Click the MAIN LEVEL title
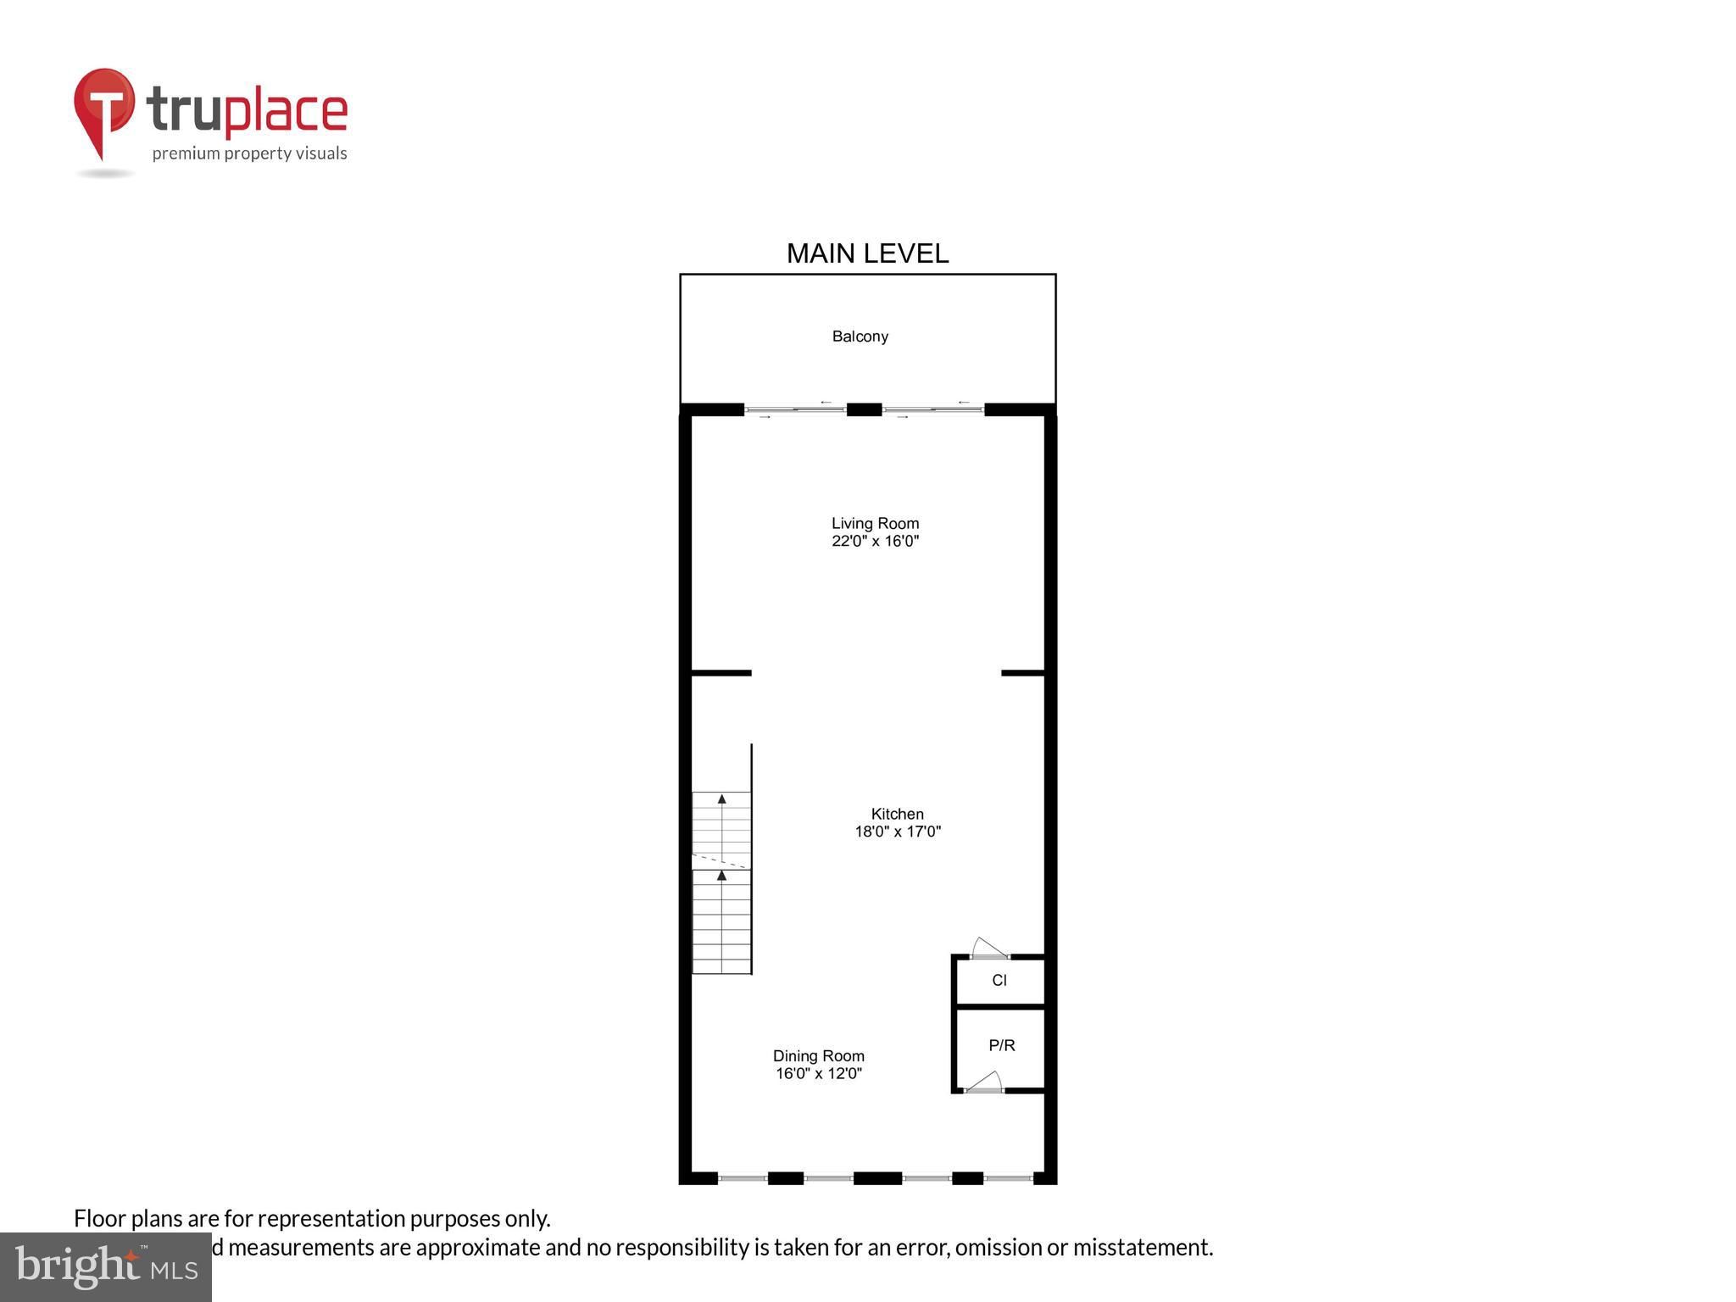coord(867,253)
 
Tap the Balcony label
coord(860,337)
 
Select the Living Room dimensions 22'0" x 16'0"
coord(875,541)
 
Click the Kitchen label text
coord(897,814)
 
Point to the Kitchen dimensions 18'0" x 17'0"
coord(897,832)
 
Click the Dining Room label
coord(818,1055)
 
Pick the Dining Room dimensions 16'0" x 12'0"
coord(818,1073)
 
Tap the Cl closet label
coord(999,980)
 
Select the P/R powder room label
coord(1001,1045)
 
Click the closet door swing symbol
coord(988,948)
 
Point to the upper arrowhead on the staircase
coord(721,798)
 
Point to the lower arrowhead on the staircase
coord(721,876)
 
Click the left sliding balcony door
coord(795,410)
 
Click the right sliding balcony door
coord(932,410)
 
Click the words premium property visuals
coord(249,153)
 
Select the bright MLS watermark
coord(106,1266)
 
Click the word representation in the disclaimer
coord(331,1218)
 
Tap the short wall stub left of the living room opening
coord(721,673)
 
